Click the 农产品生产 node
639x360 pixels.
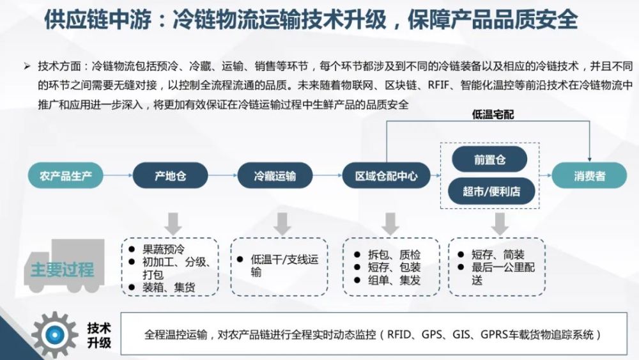pyautogui.click(x=66, y=176)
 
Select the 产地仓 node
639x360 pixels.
pyautogui.click(x=171, y=176)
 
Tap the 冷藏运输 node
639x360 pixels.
pyautogui.click(x=275, y=176)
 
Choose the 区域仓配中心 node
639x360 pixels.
pyautogui.click(x=387, y=176)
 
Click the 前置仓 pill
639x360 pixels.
pyautogui.click(x=489, y=159)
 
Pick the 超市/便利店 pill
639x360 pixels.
pyautogui.click(x=491, y=191)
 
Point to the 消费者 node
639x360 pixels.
pyautogui.click(x=589, y=176)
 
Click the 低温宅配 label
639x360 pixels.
pyautogui.click(x=493, y=114)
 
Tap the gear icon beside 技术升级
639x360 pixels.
pyautogui.click(x=54, y=334)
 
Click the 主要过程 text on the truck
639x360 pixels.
pyautogui.click(x=63, y=270)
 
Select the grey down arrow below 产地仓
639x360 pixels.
pyautogui.click(x=173, y=224)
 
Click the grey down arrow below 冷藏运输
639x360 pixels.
pyautogui.click(x=282, y=224)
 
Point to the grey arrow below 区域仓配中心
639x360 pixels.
pyautogui.click(x=390, y=224)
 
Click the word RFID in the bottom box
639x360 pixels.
pyautogui.click(x=399, y=334)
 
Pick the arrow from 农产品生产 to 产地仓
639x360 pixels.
pyautogui.click(x=118, y=175)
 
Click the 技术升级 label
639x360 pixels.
pyautogui.click(x=99, y=334)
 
